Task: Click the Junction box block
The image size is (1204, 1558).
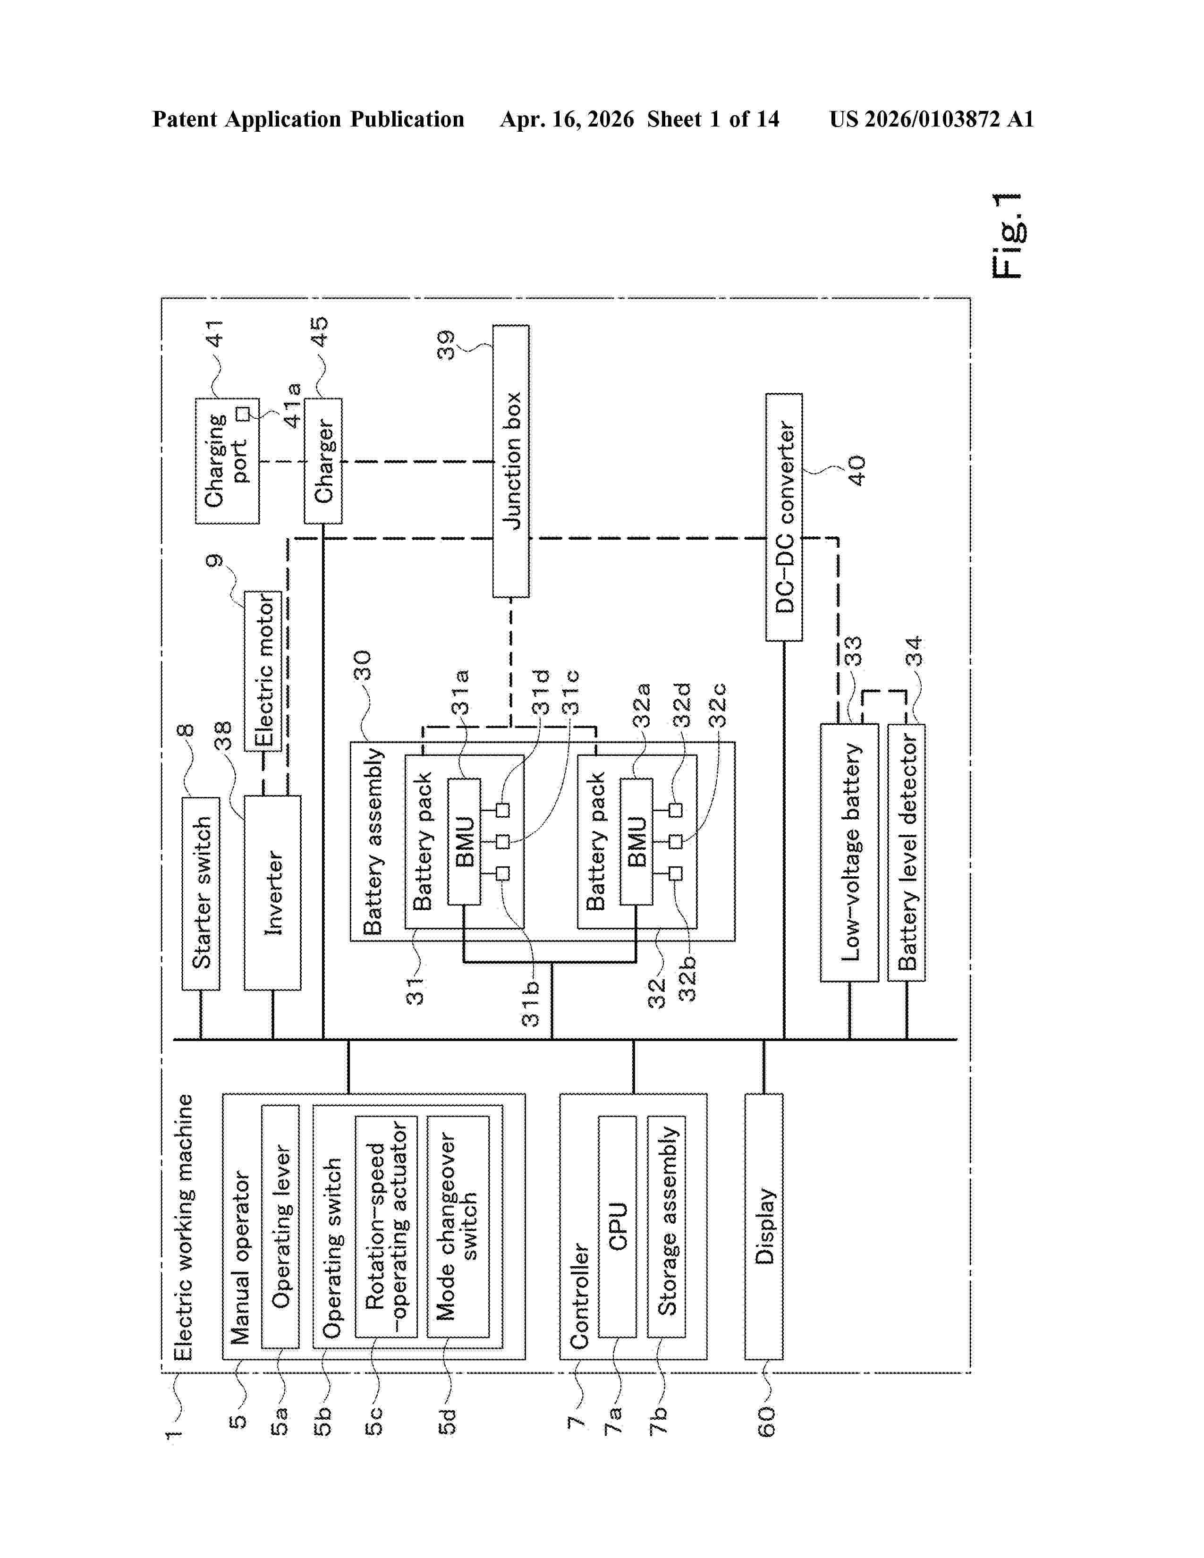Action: [511, 461]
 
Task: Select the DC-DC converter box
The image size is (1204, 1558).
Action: [784, 517]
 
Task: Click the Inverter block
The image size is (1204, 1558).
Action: [272, 893]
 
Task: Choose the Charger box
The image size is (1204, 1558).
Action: [323, 461]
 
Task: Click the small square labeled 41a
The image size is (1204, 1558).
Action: [243, 414]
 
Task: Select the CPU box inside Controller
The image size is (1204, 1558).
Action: [617, 1226]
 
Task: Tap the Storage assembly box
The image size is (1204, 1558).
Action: [666, 1226]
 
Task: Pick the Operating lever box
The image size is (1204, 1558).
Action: [280, 1226]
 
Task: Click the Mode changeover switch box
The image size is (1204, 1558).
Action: [458, 1226]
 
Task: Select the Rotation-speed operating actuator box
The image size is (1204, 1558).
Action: [386, 1226]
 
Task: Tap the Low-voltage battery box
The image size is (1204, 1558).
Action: [849, 853]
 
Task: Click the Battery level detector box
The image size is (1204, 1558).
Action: [906, 853]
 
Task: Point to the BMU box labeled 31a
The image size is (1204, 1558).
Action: [464, 842]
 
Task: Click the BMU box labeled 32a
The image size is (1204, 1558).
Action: [636, 842]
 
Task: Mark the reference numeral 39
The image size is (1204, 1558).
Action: [446, 345]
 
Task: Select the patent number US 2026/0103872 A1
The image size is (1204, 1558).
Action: [931, 119]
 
